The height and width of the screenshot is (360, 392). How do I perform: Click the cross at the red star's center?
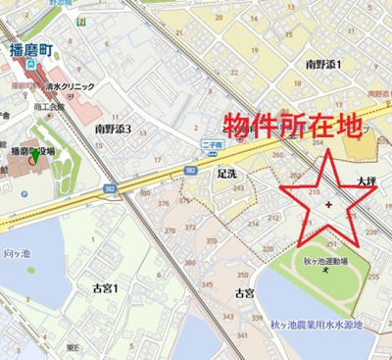tap(327, 204)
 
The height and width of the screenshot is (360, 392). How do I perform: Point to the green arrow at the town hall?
tap(35, 156)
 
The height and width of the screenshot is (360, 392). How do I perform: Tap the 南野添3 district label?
tap(113, 129)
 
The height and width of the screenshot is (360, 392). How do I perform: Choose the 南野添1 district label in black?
tap(322, 64)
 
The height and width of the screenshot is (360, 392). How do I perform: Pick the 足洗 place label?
tap(227, 172)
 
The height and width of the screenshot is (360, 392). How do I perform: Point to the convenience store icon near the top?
tap(79, 18)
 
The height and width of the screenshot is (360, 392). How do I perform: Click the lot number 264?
tap(318, 143)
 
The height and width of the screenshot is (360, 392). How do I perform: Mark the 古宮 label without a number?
tap(244, 292)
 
